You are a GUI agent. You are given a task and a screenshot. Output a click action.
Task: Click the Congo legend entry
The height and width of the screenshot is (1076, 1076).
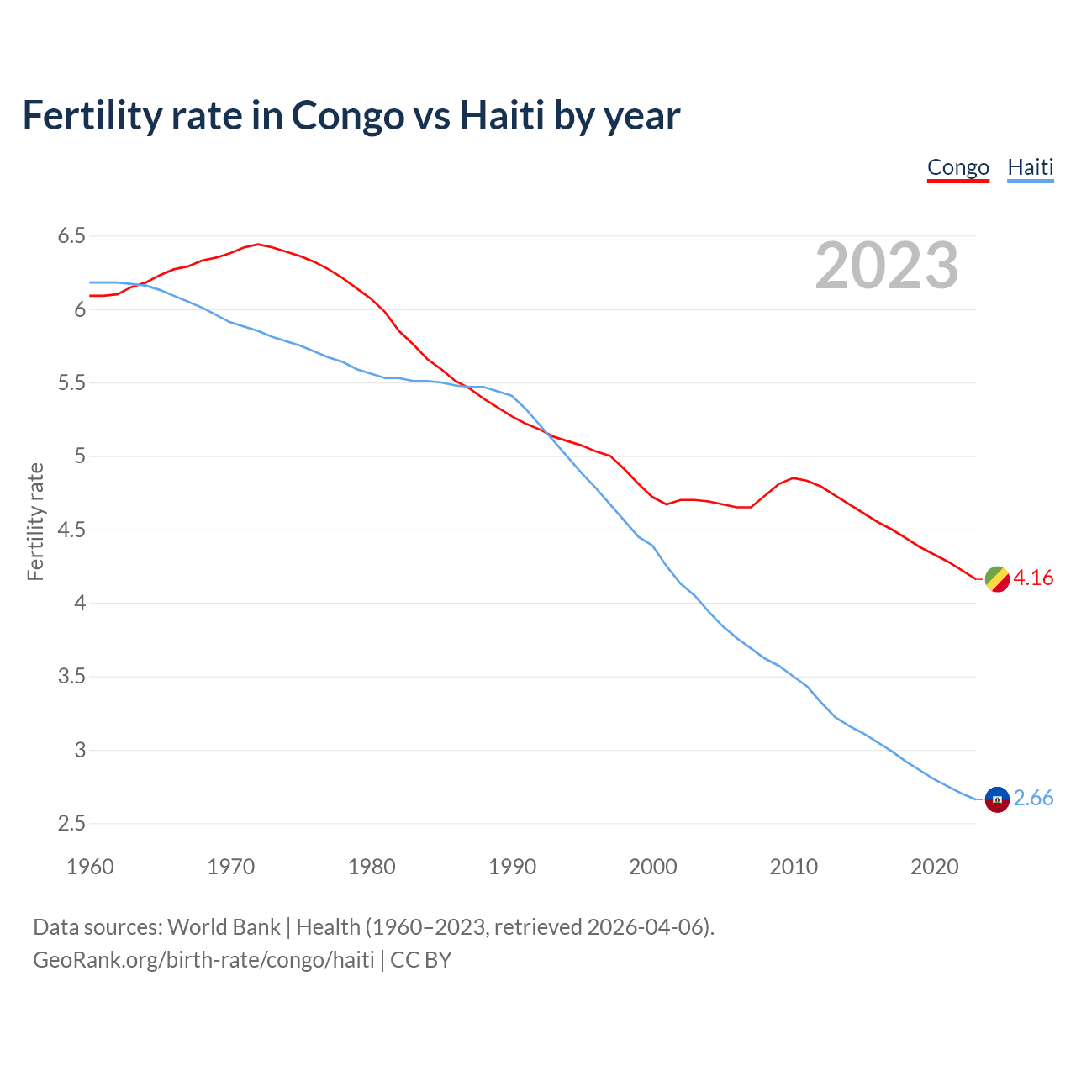pyautogui.click(x=957, y=167)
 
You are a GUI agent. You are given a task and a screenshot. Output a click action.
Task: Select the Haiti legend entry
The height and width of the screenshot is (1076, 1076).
pyautogui.click(x=1030, y=167)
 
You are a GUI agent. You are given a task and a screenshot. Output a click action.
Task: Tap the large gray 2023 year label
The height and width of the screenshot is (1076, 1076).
pyautogui.click(x=886, y=266)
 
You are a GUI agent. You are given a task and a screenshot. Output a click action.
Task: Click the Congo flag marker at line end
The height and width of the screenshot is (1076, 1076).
pyautogui.click(x=996, y=578)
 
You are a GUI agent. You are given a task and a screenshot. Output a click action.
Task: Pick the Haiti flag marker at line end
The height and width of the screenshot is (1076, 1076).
pyautogui.click(x=996, y=799)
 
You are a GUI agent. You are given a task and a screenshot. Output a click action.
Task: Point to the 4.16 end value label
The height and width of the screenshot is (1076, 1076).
pyautogui.click(x=1033, y=578)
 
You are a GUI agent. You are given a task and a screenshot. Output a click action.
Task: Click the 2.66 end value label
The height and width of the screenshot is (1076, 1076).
pyautogui.click(x=1033, y=799)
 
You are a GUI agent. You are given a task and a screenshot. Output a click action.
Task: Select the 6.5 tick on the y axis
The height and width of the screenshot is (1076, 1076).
pyautogui.click(x=71, y=236)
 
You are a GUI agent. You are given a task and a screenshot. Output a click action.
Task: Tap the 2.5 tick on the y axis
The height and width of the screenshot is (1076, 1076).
pyautogui.click(x=71, y=823)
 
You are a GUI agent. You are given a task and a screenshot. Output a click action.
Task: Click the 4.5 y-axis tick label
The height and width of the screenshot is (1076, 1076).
pyautogui.click(x=71, y=530)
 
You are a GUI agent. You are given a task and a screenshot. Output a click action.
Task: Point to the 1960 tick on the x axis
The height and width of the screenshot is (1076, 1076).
pyautogui.click(x=90, y=867)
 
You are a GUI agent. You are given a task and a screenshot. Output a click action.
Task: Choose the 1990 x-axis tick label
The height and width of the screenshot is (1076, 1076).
pyautogui.click(x=512, y=867)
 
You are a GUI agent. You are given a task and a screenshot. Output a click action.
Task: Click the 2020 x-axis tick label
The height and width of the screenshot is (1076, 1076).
pyautogui.click(x=934, y=867)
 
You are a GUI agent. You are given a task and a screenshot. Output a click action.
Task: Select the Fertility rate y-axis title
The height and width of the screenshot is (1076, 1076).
pyautogui.click(x=35, y=521)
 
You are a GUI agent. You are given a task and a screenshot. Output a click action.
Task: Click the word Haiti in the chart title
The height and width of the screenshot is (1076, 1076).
pyautogui.click(x=501, y=116)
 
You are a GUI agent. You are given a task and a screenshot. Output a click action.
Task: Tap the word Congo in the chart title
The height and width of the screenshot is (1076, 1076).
pyautogui.click(x=347, y=116)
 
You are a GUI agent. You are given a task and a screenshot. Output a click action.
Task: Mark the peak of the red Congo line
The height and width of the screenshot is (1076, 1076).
pyautogui.click(x=258, y=245)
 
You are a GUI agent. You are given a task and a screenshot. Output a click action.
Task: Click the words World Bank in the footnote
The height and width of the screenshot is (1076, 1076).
pyautogui.click(x=224, y=927)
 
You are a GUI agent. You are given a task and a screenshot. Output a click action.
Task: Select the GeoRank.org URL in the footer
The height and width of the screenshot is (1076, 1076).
pyautogui.click(x=203, y=960)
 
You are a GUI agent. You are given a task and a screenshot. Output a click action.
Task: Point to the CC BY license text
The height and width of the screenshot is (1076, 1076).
pyautogui.click(x=421, y=960)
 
